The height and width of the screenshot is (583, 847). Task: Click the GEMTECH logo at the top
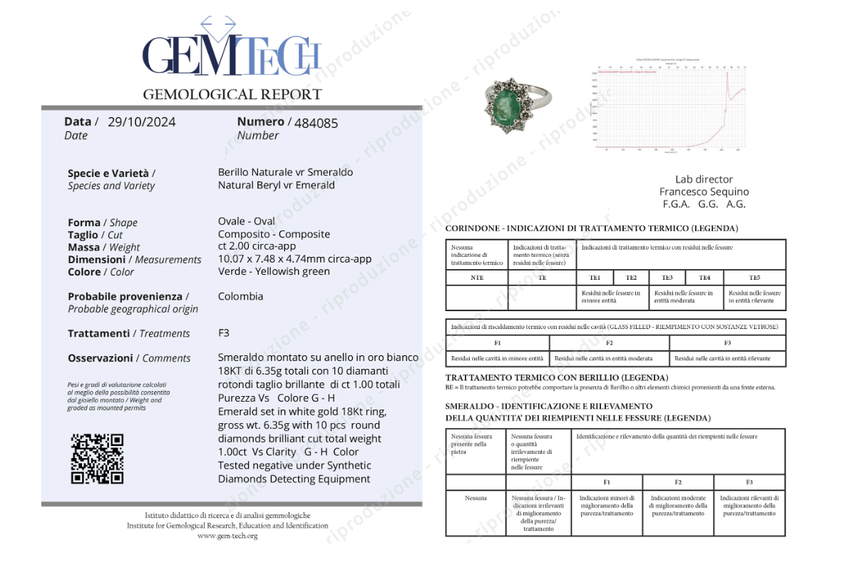coord(232,54)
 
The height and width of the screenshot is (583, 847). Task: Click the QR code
coord(98,458)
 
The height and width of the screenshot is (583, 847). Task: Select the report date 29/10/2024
coord(141,122)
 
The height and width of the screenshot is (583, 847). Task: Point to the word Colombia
coord(240,296)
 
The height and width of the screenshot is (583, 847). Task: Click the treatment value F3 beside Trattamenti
coord(224,333)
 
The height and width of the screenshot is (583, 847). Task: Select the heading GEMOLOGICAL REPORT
coord(232,94)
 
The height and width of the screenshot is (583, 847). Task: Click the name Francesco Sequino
coord(704,191)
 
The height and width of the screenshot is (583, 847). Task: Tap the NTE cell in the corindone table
coord(477,278)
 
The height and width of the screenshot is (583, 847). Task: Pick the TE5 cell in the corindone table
coord(754,278)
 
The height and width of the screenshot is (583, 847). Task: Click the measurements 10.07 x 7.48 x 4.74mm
coord(294,259)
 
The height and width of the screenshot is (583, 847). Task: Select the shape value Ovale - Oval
coord(246,221)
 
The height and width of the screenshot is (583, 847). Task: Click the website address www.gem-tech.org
coord(227,535)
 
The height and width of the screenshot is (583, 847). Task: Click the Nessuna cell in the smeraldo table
coord(476,498)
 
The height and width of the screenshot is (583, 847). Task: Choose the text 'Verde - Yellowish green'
coord(274,271)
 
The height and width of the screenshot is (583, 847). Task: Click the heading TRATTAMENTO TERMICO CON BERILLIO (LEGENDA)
coord(556,377)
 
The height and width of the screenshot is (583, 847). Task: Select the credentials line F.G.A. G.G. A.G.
coord(704,204)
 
